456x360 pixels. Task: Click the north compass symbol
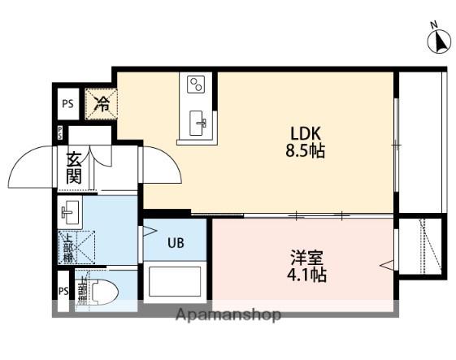point(440,41)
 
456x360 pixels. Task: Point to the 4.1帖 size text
point(307,275)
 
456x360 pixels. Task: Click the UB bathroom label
point(176,241)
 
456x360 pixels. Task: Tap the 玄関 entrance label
point(73,167)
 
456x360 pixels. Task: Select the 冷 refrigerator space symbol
point(102,103)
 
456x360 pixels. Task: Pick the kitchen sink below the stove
point(198,123)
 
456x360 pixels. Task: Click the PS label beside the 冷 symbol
point(67,103)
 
